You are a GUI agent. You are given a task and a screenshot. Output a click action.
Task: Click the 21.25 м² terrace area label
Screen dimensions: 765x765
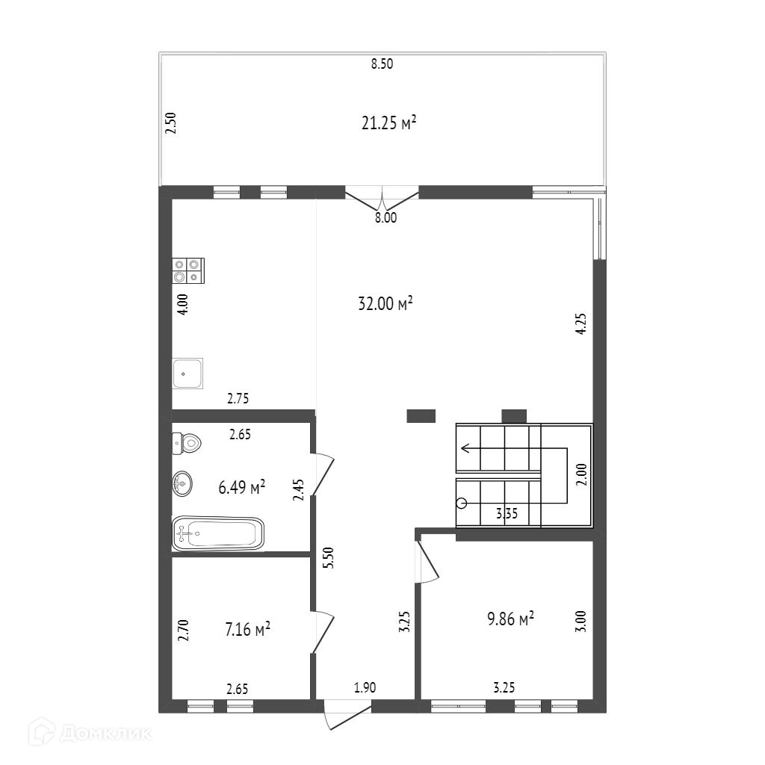[x=388, y=123]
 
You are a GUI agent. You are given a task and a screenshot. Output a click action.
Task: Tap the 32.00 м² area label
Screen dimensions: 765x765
[x=385, y=303]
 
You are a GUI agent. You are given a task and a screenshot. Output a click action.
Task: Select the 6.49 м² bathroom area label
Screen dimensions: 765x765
[x=241, y=487]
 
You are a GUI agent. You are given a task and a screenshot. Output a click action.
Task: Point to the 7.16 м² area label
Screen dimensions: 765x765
[x=247, y=629]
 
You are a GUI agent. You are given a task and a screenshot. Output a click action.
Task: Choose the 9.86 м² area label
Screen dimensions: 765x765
[x=510, y=618]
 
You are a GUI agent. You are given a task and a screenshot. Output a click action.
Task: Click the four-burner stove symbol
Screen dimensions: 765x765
[x=188, y=270]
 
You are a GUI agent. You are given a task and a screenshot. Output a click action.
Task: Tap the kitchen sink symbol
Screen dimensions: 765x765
[x=188, y=374]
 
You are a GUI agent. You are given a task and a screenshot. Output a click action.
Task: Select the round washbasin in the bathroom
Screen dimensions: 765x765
[x=182, y=484]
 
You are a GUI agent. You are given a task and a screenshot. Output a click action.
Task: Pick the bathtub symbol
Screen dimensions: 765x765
[x=218, y=534]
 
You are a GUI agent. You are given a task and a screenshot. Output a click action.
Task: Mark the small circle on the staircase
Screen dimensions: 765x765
[x=462, y=503]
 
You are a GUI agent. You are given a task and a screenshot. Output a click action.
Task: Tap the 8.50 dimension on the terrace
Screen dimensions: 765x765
[x=382, y=64]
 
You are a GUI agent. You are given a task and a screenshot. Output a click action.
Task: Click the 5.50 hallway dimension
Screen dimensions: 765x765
[x=329, y=557]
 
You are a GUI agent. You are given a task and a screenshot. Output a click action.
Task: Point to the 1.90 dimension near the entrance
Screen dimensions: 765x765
[x=365, y=687]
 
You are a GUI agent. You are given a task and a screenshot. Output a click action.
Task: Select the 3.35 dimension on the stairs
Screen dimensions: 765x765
[x=507, y=513]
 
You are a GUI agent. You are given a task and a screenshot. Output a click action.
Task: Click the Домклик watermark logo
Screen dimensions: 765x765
[x=90, y=732]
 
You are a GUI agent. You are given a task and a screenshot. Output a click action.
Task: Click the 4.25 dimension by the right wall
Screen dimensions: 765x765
[x=581, y=323]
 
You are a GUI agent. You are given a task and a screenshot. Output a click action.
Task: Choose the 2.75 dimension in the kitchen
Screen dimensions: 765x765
[x=238, y=399]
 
